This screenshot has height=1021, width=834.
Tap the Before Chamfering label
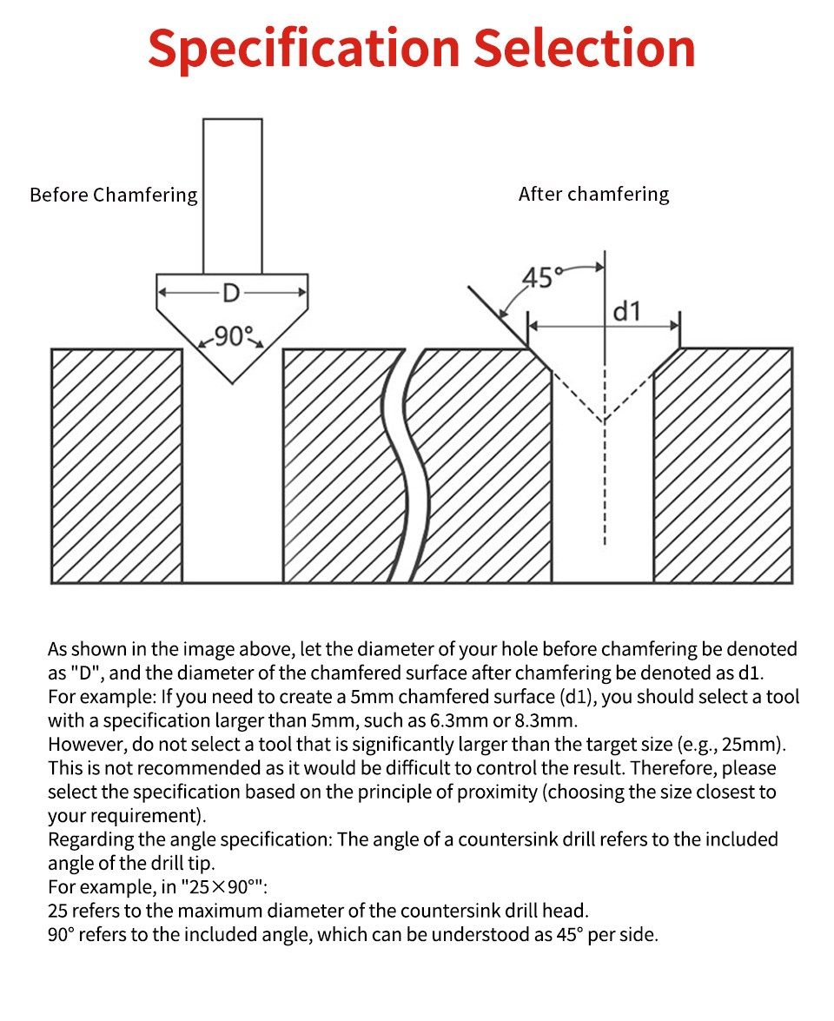(114, 195)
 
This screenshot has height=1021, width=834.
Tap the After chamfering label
(593, 194)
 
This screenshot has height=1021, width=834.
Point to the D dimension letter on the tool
(230, 294)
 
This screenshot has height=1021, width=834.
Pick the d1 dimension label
(627, 310)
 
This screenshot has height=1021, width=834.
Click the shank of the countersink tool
(232, 196)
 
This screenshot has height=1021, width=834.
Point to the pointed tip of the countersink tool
(232, 379)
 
